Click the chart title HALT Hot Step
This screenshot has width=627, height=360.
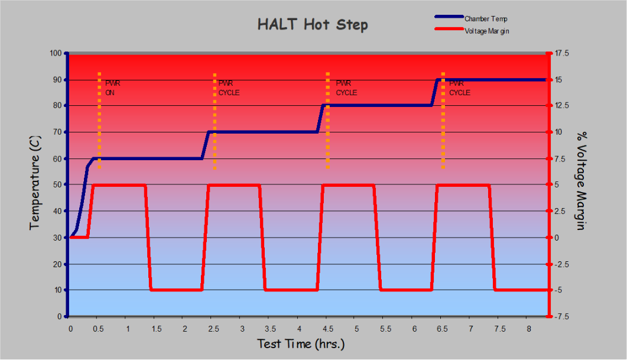pos(313,24)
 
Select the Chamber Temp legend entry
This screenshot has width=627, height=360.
pos(486,19)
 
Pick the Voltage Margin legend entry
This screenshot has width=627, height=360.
pos(486,31)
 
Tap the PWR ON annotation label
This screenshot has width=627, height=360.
pos(112,88)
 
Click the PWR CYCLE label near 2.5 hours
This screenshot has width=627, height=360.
pos(229,88)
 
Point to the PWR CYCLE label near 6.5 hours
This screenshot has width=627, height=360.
pos(460,88)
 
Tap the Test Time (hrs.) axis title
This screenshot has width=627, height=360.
pos(301,343)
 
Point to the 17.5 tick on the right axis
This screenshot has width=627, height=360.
pos(561,53)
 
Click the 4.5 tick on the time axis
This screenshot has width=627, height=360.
pos(327,327)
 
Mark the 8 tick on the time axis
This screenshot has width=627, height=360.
pos(528,327)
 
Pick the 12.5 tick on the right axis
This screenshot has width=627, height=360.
pos(561,106)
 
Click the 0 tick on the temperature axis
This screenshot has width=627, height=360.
pos(60,316)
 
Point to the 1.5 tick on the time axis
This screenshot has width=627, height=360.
pos(156,327)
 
